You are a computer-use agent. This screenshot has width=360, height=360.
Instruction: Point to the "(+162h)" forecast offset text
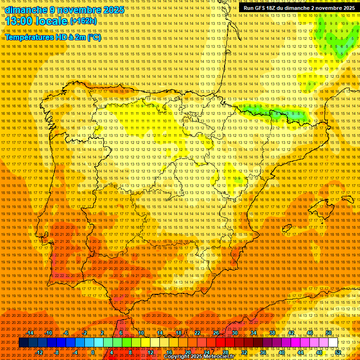tap(84, 22)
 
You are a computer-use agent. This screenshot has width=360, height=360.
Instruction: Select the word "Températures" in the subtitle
tap(30, 37)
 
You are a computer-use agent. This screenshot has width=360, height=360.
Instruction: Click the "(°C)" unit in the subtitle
tap(94, 37)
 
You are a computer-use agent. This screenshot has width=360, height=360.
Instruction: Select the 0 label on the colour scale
tap(93, 352)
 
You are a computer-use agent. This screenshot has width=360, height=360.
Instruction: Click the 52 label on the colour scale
tap(338, 352)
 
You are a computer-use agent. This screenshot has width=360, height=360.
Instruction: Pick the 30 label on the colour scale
tap(234, 333)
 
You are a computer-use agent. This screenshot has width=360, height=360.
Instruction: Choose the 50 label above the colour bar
tap(329, 333)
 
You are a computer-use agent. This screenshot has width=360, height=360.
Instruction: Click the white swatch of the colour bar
tap(333, 343)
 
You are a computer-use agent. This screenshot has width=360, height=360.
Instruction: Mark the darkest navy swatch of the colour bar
tap(23, 343)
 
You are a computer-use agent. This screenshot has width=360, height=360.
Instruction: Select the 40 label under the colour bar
tap(281, 352)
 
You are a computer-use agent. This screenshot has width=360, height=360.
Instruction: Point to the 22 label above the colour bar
tap(197, 333)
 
